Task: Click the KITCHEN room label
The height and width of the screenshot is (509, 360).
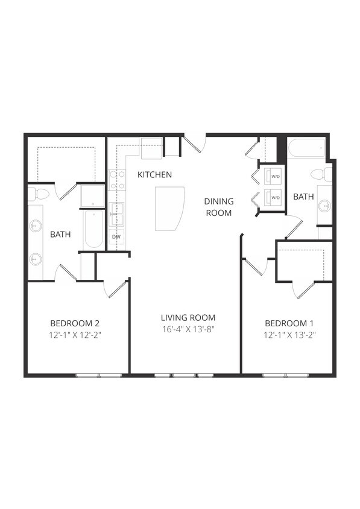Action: pyautogui.click(x=154, y=175)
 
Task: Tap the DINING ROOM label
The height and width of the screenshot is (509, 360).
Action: pyautogui.click(x=218, y=207)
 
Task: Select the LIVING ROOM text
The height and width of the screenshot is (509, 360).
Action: pyautogui.click(x=188, y=318)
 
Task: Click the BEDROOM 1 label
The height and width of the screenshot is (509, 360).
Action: pyautogui.click(x=289, y=323)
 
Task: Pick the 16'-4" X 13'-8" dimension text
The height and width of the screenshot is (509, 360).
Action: pyautogui.click(x=188, y=329)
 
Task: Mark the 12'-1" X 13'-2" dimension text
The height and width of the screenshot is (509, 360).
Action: pyautogui.click(x=289, y=334)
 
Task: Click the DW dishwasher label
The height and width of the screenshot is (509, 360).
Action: pyautogui.click(x=116, y=237)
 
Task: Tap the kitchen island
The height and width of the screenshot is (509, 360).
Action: pyautogui.click(x=169, y=208)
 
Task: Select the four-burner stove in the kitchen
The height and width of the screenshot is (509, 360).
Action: pyautogui.click(x=116, y=180)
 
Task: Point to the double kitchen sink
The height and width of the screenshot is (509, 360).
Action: pyautogui.click(x=116, y=214)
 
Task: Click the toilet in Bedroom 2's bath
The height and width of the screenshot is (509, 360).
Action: pyautogui.click(x=40, y=194)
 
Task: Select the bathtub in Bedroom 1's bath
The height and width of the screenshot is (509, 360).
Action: pyautogui.click(x=306, y=147)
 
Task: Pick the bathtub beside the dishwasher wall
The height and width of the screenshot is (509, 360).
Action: pyautogui.click(x=93, y=229)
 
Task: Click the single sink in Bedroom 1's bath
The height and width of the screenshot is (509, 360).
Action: pyautogui.click(x=324, y=206)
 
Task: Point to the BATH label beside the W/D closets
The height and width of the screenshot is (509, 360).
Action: pyautogui.click(x=303, y=197)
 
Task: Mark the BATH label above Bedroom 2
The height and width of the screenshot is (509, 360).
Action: pyautogui.click(x=61, y=234)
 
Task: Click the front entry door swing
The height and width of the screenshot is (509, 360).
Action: pyautogui.click(x=195, y=144)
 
